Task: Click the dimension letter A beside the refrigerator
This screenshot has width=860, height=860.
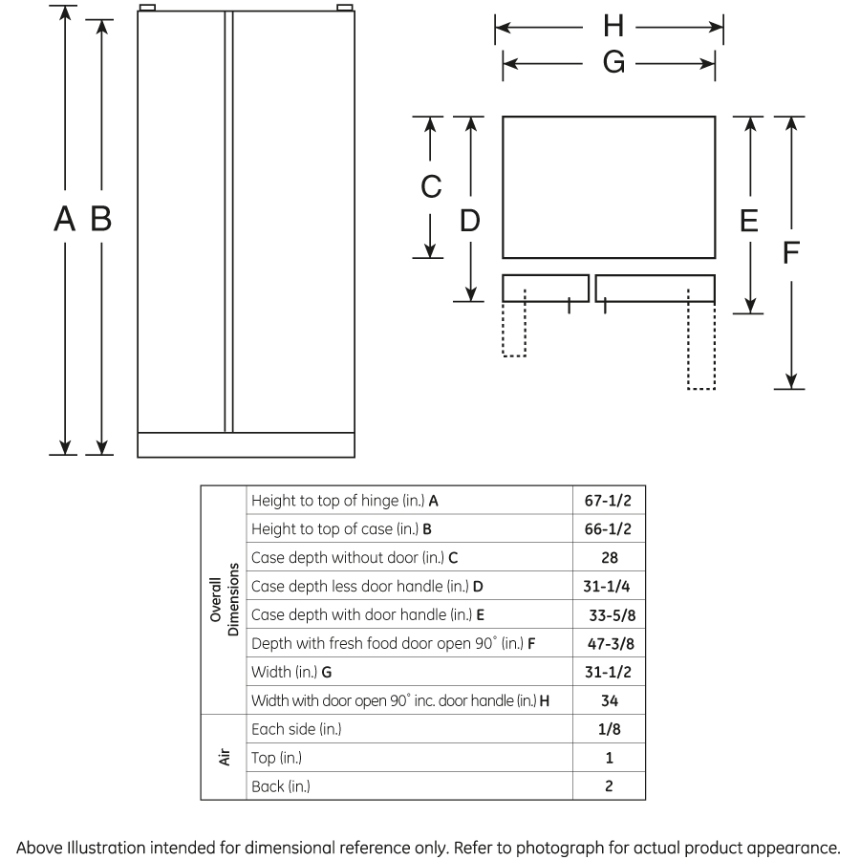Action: (64, 220)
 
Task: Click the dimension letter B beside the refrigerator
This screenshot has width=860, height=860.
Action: (100, 220)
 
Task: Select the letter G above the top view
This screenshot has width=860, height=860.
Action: (613, 64)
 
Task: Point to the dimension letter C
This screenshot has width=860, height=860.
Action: (431, 186)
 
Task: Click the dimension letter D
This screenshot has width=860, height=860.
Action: (469, 221)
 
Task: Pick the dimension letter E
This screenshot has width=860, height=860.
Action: (749, 221)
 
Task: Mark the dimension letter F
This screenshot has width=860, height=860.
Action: (790, 252)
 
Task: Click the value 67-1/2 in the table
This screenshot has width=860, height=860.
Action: (609, 500)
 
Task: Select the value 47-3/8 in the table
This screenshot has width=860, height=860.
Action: (609, 643)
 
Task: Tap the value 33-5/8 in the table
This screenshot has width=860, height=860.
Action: (609, 614)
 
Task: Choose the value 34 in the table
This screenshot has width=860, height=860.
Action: (609, 700)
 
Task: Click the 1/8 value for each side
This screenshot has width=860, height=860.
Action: (609, 729)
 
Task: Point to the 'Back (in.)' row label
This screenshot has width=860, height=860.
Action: (281, 786)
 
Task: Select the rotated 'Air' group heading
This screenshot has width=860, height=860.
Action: (223, 757)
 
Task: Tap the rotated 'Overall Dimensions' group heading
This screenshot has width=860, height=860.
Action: (223, 600)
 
